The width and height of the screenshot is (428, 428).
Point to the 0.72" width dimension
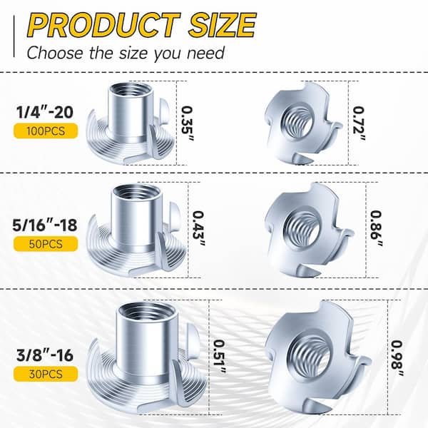coord(361,113)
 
